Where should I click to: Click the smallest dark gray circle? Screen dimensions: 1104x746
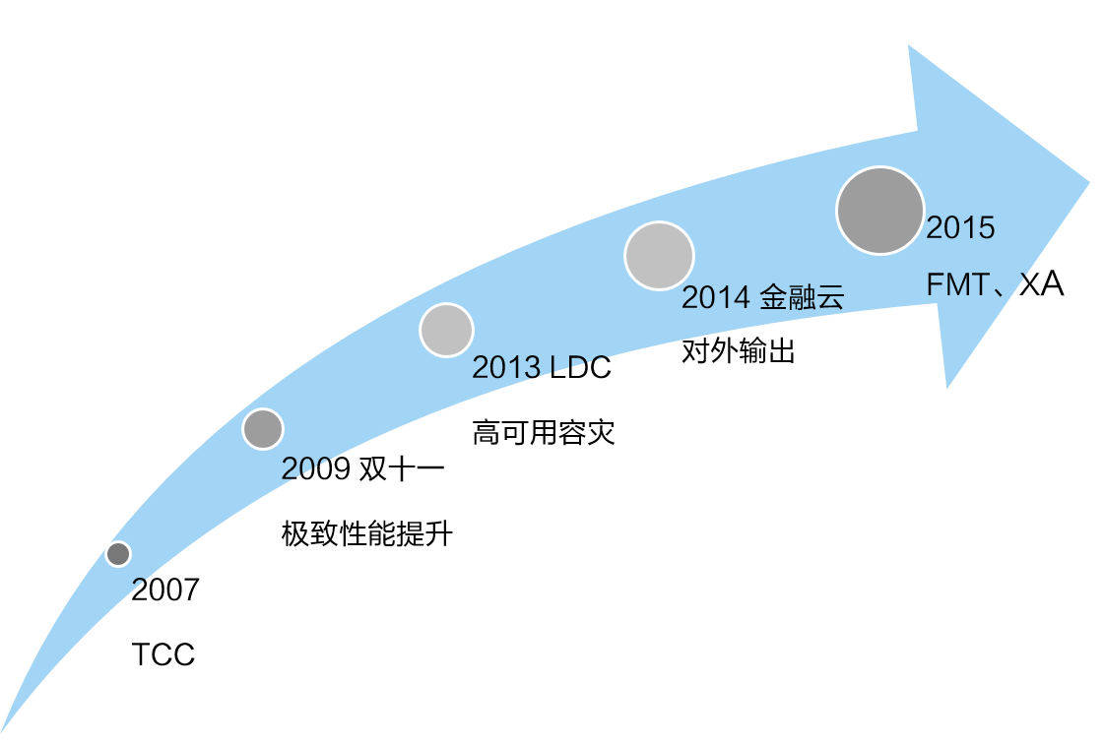[x=118, y=554]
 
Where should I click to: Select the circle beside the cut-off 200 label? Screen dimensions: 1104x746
[x=263, y=428]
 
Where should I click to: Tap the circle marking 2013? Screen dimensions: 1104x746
[x=446, y=330]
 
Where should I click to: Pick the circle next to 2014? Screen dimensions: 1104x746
[x=659, y=256]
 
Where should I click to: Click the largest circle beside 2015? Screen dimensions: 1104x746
[x=879, y=211]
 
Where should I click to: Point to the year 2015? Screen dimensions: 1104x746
[x=960, y=229]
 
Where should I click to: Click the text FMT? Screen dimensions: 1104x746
[x=956, y=286]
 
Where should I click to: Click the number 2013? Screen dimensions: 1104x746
[x=505, y=368]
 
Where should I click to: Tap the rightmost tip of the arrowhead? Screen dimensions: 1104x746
[x=1089, y=181]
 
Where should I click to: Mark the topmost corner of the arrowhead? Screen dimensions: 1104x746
[x=909, y=45]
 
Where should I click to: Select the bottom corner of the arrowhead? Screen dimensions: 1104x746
[x=946, y=388]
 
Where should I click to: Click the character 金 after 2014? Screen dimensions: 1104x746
[x=773, y=298]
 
